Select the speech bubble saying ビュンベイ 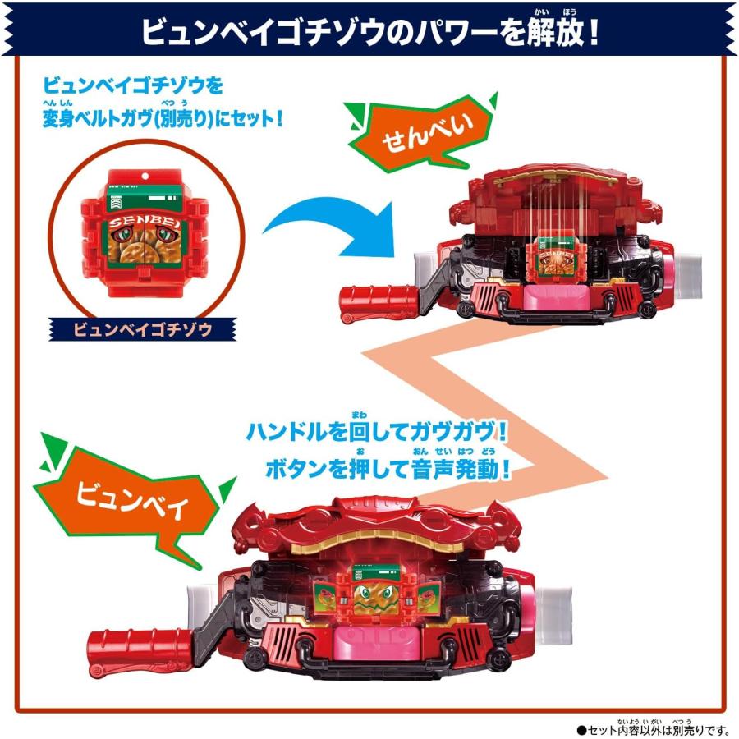(x=131, y=498)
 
